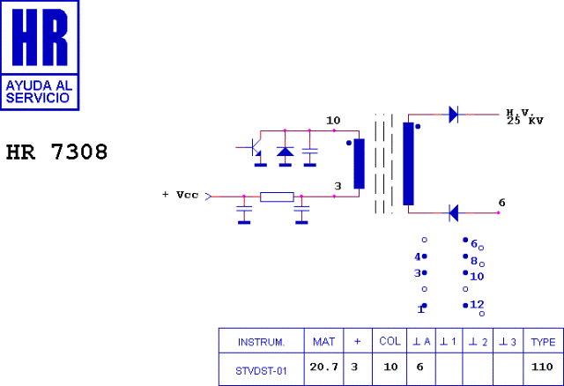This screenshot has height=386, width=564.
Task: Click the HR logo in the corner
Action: click(x=40, y=55)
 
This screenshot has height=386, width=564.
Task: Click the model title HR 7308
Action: click(x=57, y=152)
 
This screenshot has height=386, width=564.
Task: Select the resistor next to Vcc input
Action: click(x=277, y=197)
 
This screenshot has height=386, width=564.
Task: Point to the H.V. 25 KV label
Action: click(x=523, y=117)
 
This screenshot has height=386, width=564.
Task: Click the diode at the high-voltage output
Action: click(x=453, y=114)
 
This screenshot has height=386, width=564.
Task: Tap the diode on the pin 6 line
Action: click(x=453, y=212)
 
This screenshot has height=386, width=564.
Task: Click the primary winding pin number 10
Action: click(x=333, y=120)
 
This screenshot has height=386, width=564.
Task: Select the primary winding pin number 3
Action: click(x=338, y=186)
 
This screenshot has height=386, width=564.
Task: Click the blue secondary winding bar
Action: click(x=408, y=164)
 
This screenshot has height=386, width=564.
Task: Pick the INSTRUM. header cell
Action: click(x=262, y=341)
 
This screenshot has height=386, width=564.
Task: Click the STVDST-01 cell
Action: click(x=262, y=371)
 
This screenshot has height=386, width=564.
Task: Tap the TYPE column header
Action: click(x=543, y=341)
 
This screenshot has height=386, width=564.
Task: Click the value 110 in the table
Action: click(x=543, y=367)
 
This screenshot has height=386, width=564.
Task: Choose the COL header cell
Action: click(x=390, y=341)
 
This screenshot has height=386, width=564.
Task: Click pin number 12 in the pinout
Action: click(x=477, y=304)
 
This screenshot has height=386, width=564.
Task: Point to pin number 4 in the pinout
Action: click(x=418, y=257)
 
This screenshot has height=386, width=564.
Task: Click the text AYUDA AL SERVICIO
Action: click(x=40, y=92)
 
